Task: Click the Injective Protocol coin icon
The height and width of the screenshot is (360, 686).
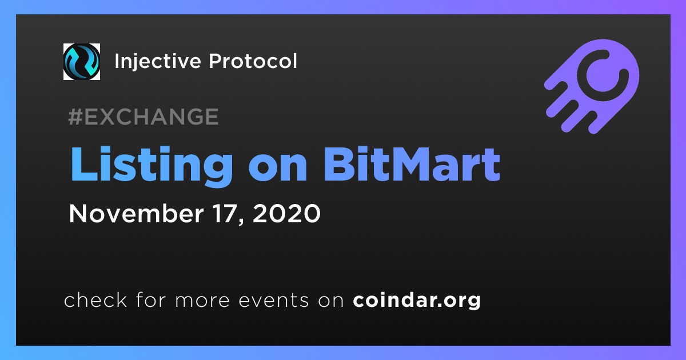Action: pyautogui.click(x=81, y=62)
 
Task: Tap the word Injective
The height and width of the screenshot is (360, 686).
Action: pyautogui.click(x=157, y=62)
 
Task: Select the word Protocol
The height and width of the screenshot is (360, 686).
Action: pyautogui.click(x=253, y=61)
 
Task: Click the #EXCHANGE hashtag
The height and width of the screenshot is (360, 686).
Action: pyautogui.click(x=143, y=117)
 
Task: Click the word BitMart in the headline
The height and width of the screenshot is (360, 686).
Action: pyautogui.click(x=412, y=164)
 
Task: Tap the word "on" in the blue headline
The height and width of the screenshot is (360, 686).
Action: pyautogui.click(x=278, y=169)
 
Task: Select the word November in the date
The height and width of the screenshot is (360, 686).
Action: pyautogui.click(x=136, y=213)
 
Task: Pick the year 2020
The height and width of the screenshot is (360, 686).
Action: pyautogui.click(x=286, y=213)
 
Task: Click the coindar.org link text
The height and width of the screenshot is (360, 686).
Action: pyautogui.click(x=417, y=301)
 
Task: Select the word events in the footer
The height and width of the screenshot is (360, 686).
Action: pyautogui.click(x=273, y=300)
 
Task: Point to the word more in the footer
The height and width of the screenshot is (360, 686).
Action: pyautogui.click(x=202, y=301)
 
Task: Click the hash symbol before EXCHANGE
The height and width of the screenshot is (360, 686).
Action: pyautogui.click(x=75, y=117)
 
